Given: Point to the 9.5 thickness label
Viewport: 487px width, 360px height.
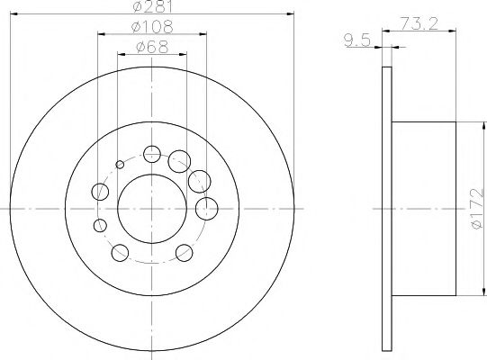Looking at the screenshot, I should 358,38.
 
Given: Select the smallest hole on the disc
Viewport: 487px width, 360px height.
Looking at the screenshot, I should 120,164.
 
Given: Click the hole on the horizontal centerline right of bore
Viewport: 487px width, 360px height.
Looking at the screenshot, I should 205,209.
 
